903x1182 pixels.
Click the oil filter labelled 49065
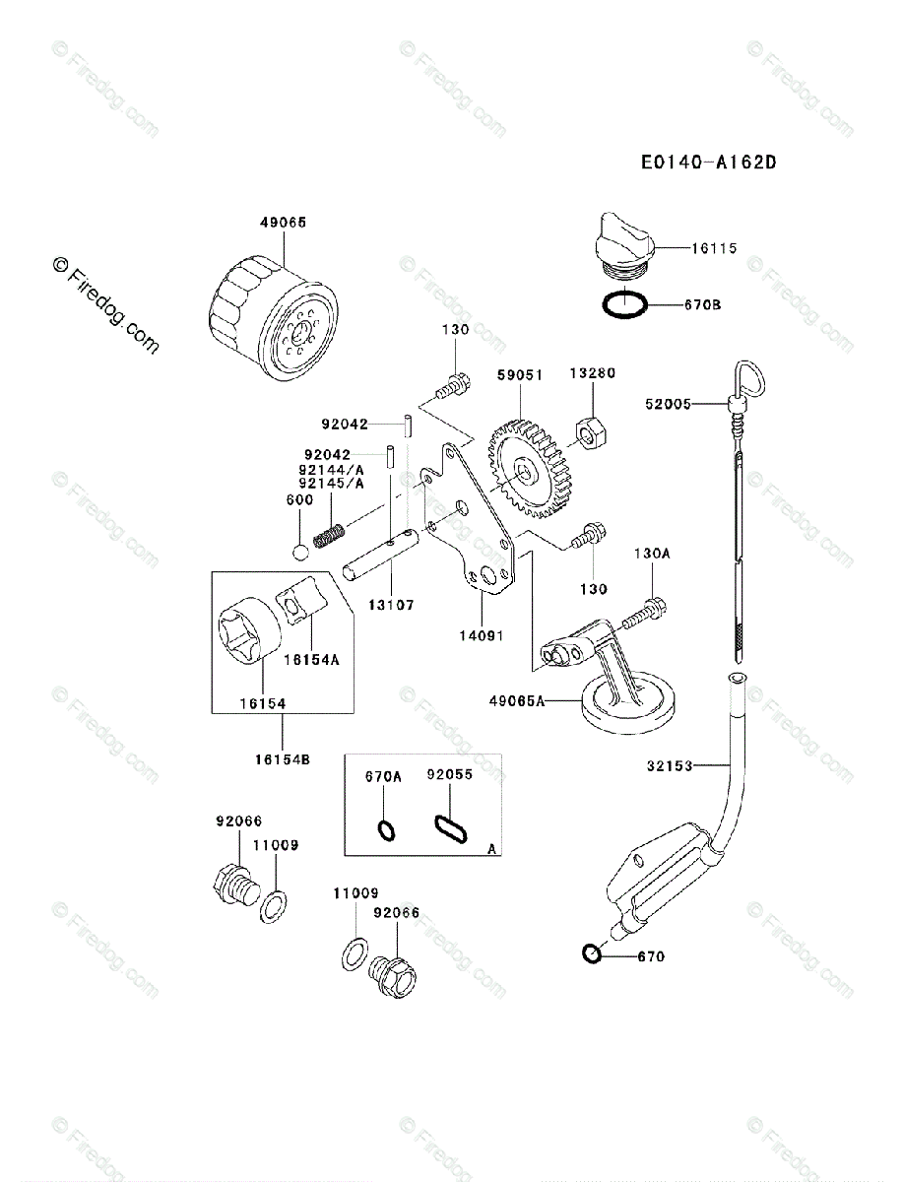tap(274, 320)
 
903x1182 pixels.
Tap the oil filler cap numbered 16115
tap(624, 244)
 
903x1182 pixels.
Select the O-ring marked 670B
tap(624, 304)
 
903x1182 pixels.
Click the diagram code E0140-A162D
tap(709, 163)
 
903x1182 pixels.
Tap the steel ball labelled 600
tap(301, 553)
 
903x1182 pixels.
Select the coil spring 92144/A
tap(329, 536)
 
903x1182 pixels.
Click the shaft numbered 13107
tap(380, 556)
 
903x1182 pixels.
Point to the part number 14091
tap(482, 636)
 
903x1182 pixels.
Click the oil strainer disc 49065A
tap(627, 705)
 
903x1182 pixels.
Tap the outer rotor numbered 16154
tap(250, 630)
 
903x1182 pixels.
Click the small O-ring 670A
tap(387, 831)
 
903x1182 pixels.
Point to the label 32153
tap(670, 765)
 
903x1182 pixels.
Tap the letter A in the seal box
tap(491, 849)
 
